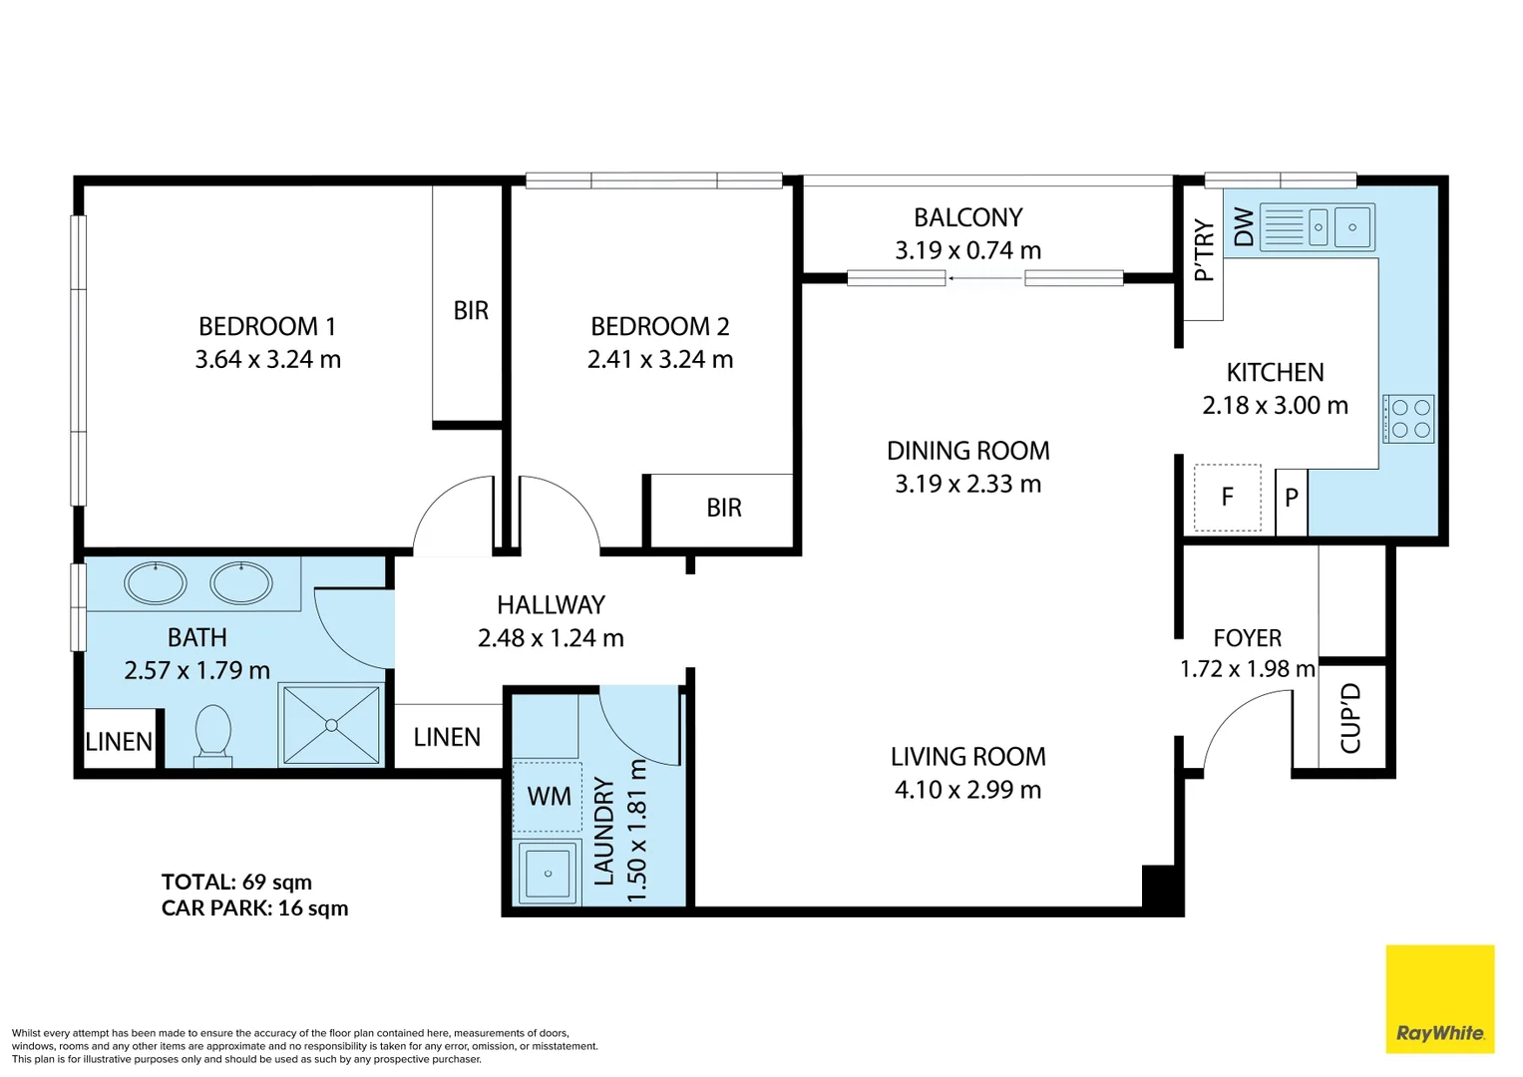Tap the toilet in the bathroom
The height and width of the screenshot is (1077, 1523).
[212, 736]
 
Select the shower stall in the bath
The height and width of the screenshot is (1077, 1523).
[331, 725]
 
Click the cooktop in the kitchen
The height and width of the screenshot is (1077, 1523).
[1408, 419]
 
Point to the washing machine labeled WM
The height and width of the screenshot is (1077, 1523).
[548, 796]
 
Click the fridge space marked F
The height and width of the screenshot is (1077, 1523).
[1227, 497]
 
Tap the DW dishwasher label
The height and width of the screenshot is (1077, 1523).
[1243, 226]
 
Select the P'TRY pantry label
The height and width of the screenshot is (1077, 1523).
[1204, 250]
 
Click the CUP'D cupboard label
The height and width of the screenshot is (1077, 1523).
[1350, 719]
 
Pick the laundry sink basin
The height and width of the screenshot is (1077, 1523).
[548, 873]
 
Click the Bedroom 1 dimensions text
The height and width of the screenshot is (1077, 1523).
[268, 359]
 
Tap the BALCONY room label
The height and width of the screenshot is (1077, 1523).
[967, 217]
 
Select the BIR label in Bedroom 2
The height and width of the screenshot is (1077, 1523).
[723, 508]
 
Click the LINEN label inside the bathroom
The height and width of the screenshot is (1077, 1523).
[119, 741]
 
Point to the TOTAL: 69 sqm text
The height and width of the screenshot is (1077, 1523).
[236, 882]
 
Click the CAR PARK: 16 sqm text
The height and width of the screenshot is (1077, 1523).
[254, 908]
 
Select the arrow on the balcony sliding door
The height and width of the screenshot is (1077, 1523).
[985, 278]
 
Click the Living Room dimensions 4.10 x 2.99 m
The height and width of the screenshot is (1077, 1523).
[967, 790]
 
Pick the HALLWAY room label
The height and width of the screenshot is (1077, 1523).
[551, 604]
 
